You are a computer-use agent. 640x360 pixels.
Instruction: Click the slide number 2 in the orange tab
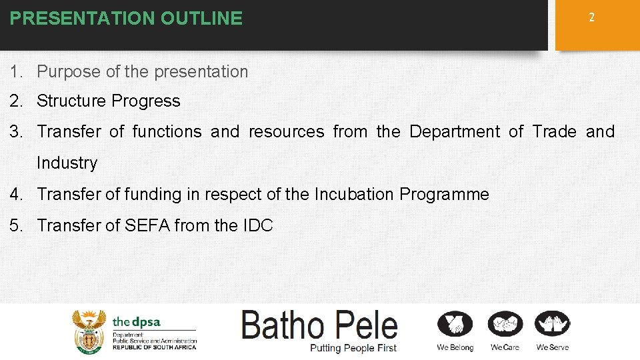click(591, 18)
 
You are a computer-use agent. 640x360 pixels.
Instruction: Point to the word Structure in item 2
click(72, 101)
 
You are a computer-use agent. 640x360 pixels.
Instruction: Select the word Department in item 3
click(454, 131)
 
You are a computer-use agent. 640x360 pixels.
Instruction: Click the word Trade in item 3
click(554, 131)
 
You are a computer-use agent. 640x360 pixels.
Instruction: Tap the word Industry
click(67, 163)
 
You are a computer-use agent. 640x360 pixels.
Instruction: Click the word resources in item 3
click(286, 131)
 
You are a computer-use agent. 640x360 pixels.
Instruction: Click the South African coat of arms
click(89, 331)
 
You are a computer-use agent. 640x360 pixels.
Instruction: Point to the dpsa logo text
click(137, 322)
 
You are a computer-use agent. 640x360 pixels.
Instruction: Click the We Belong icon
click(455, 325)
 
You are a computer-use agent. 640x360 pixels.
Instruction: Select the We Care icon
click(505, 325)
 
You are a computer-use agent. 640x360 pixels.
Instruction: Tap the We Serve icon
click(553, 325)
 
